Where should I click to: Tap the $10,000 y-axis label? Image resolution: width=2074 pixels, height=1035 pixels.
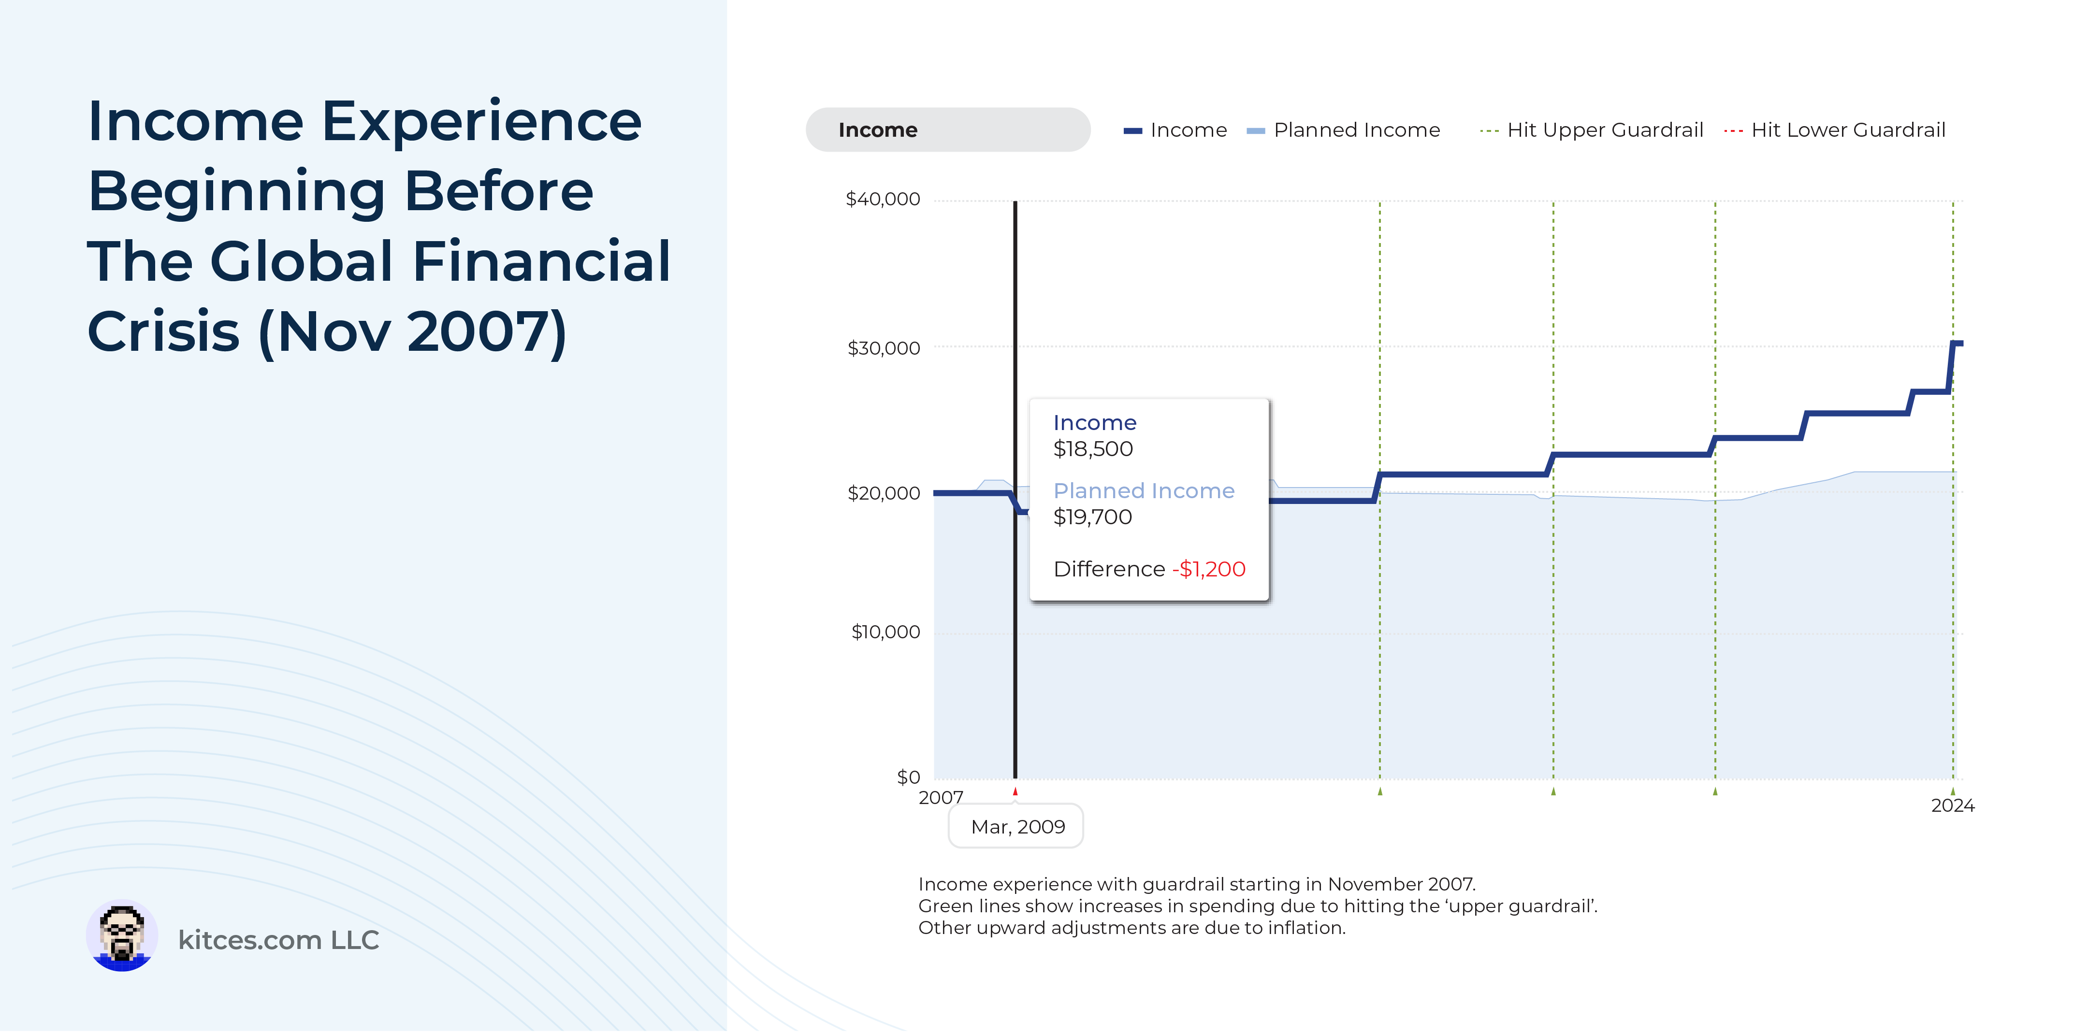[x=885, y=632]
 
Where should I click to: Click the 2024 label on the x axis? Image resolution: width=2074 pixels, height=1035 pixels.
[x=1952, y=805]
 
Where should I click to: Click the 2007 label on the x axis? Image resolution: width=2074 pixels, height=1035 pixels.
[x=941, y=798]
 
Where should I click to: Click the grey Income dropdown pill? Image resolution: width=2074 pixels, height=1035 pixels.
[x=948, y=129]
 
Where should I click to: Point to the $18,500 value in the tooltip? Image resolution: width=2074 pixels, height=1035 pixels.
[x=1092, y=449]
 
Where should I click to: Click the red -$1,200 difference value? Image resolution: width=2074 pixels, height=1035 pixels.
[x=1208, y=570]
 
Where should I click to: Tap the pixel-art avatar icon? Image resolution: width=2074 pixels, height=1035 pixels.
[x=122, y=936]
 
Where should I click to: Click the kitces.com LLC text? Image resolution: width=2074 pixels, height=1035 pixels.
[x=278, y=940]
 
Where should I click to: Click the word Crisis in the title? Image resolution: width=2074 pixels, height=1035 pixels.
[x=163, y=331]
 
